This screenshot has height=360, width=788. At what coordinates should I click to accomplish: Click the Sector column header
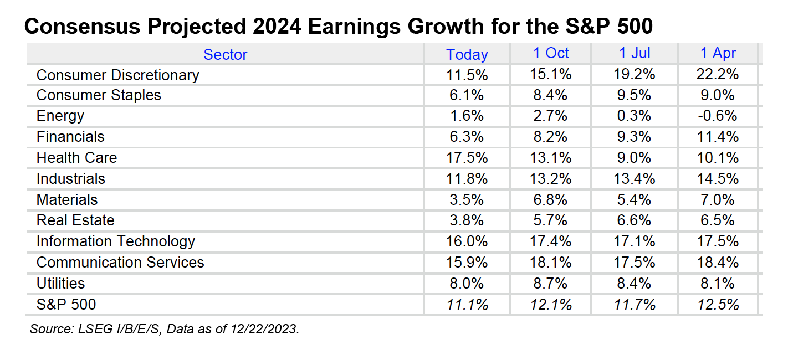pos(225,54)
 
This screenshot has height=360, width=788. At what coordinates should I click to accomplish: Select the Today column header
pos(467,54)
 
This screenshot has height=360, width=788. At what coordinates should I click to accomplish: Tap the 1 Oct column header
pos(551,53)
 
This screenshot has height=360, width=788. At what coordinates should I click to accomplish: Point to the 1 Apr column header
pos(718,53)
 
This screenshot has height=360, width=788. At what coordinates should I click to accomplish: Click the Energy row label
pos(60,116)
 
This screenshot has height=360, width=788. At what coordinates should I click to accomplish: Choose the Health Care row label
pos(76,158)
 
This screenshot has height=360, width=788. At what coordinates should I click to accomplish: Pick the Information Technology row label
pos(116,241)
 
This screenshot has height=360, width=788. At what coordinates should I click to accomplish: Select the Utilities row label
pos(61,284)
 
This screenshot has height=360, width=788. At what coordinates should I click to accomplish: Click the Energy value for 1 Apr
pos(718,116)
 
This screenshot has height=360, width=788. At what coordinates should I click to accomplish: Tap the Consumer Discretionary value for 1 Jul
pos(635,74)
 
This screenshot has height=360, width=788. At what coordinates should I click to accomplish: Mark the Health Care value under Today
pos(467,158)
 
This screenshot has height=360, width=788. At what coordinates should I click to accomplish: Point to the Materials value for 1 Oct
pos(551,200)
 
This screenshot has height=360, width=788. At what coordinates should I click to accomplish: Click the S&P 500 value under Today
pos(467,305)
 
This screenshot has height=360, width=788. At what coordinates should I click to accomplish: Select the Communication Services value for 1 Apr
pos(718,263)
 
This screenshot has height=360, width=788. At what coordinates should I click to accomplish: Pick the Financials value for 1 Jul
pos(635,137)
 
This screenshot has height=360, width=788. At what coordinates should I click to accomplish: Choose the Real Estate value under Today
pos(467,220)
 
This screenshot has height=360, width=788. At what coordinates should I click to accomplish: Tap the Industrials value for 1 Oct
pos(551,179)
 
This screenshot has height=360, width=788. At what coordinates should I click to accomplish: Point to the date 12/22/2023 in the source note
pos(268,329)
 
